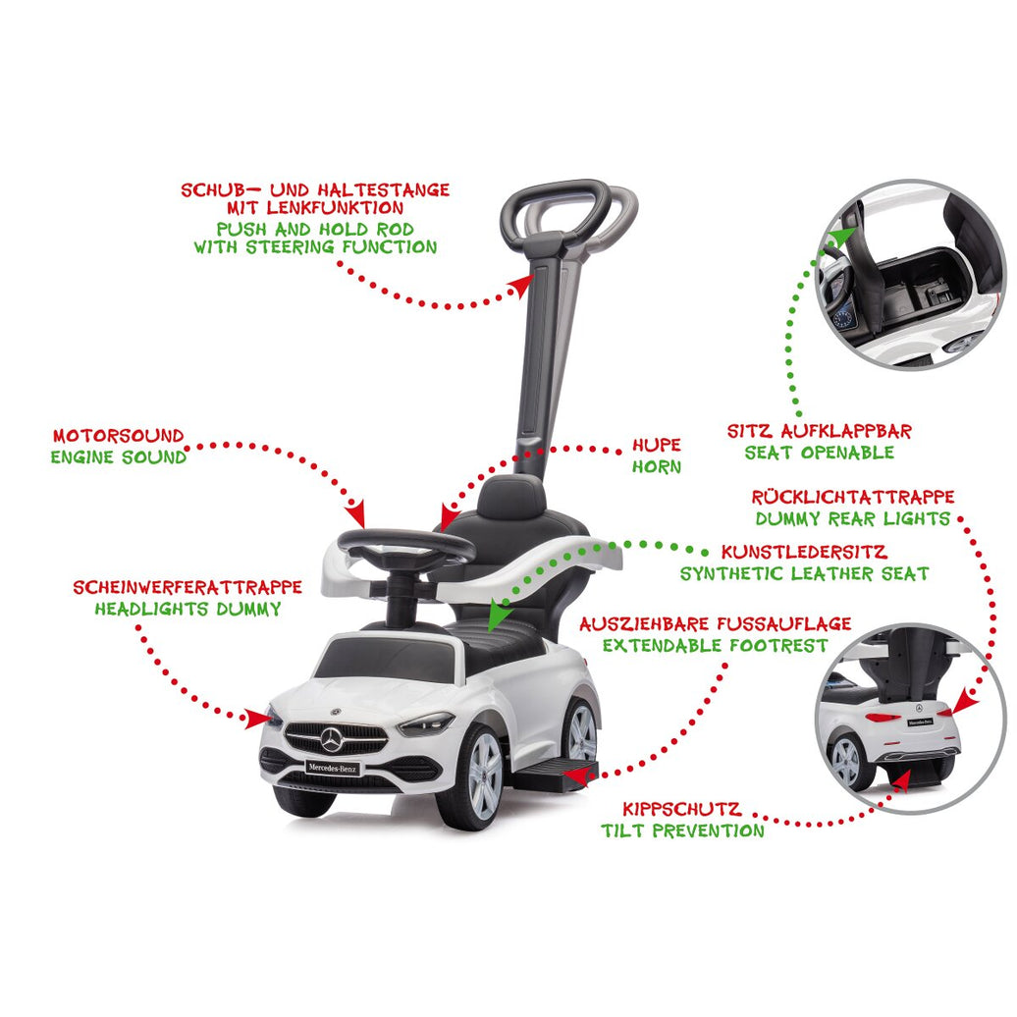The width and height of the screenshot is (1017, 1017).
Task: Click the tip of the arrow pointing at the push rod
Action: pyautogui.click(x=532, y=276)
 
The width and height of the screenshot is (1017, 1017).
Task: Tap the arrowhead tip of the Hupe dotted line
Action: pyautogui.click(x=443, y=532)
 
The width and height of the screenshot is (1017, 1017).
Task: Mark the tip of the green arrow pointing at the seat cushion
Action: pyautogui.click(x=492, y=632)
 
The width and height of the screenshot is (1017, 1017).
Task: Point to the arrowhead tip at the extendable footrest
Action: pyautogui.click(x=565, y=773)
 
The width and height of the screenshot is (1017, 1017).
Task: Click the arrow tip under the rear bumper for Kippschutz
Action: pyautogui.click(x=908, y=772)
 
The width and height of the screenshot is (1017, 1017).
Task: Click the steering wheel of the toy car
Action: pyautogui.click(x=406, y=546)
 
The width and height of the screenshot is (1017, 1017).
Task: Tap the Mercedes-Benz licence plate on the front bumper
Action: pyautogui.click(x=333, y=768)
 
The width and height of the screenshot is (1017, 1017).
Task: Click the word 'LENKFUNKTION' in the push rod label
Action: pyautogui.click(x=315, y=207)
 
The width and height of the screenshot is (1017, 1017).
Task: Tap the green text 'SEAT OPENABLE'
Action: pyautogui.click(x=819, y=453)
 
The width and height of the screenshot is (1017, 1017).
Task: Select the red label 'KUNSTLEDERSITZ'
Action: pyautogui.click(x=804, y=553)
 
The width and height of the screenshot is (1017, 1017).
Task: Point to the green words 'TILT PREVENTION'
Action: pyautogui.click(x=682, y=830)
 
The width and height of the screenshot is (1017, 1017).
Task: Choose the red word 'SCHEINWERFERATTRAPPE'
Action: pyautogui.click(x=187, y=588)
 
